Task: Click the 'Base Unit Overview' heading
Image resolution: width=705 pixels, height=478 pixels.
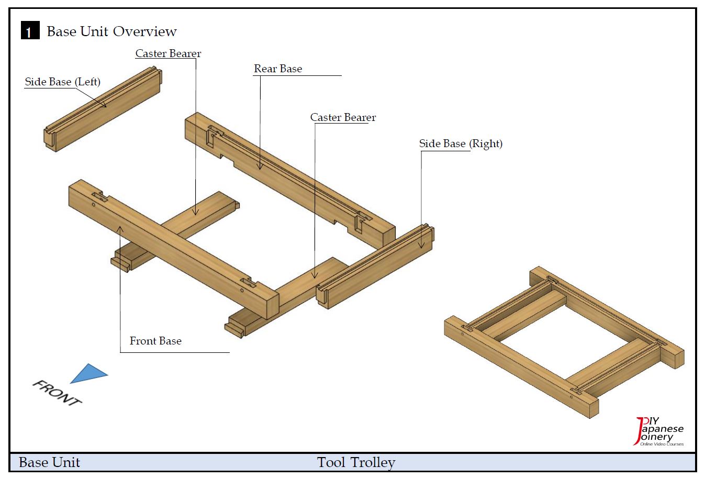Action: click(111, 31)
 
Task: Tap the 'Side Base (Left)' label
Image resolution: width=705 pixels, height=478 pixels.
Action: click(63, 82)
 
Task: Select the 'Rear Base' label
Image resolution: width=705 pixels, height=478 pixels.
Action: click(278, 69)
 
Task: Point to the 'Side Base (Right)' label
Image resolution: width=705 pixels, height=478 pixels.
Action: click(461, 143)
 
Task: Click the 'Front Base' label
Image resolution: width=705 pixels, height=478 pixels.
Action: click(155, 341)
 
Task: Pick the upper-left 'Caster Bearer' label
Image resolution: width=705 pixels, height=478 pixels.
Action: click(168, 53)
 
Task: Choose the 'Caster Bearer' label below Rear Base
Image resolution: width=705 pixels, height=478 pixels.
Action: click(343, 117)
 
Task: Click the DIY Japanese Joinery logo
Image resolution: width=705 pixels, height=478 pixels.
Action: click(659, 432)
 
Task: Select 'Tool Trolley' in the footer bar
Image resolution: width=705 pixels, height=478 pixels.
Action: click(356, 462)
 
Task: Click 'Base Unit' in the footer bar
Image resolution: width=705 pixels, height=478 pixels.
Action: click(49, 462)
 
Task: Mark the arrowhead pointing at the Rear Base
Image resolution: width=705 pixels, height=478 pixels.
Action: click(260, 167)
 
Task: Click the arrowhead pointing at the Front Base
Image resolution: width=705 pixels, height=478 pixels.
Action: click(120, 228)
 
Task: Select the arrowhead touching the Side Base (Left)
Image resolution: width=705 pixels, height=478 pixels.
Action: click(105, 105)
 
